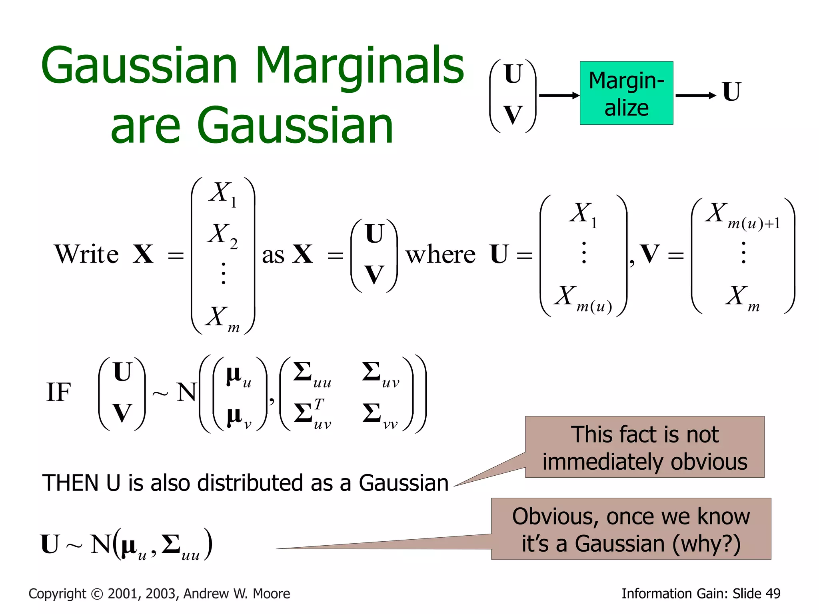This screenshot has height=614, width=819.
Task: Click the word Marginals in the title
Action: (x=360, y=66)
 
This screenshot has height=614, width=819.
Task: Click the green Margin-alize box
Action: (x=626, y=93)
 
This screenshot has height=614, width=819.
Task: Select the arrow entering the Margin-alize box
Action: (x=559, y=95)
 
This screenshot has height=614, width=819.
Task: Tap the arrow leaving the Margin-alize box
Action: (x=695, y=95)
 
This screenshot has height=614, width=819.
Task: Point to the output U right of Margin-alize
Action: (x=732, y=92)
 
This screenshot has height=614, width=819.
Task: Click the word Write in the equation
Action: (x=86, y=254)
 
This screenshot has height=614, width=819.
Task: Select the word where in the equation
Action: (x=440, y=255)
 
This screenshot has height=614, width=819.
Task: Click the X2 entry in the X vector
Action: (x=222, y=235)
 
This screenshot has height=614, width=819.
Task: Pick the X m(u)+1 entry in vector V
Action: (x=742, y=214)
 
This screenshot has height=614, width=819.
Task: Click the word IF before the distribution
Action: (x=58, y=392)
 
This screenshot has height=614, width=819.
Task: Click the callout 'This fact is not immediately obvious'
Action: (x=644, y=447)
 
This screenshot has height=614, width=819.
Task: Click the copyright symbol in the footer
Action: (x=97, y=594)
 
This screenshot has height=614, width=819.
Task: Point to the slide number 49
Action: (x=773, y=594)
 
